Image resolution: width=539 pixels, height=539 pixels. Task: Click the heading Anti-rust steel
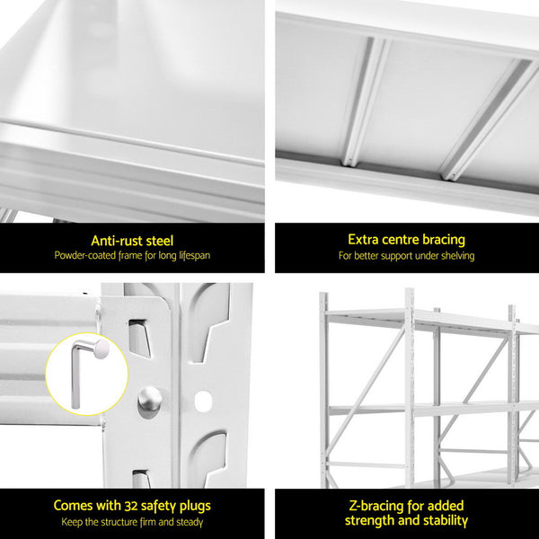pyautogui.click(x=132, y=240)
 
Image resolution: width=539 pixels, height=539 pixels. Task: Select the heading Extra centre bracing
pyautogui.click(x=406, y=240)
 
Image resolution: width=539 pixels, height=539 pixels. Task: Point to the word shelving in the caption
pyautogui.click(x=456, y=256)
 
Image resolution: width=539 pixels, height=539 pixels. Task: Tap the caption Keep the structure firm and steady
pyautogui.click(x=132, y=522)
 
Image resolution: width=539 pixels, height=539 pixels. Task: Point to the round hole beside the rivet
pyautogui.click(x=203, y=398)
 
